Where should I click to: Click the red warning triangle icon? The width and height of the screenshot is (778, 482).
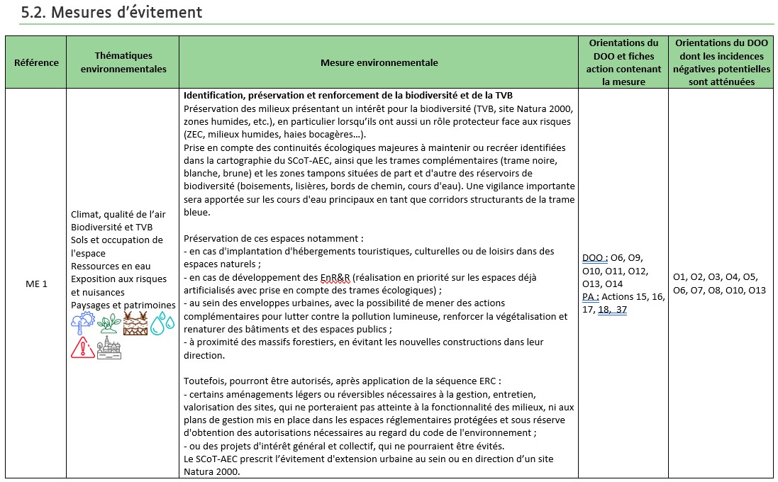coord(83,347)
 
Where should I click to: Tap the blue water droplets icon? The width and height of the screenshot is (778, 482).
coord(162,323)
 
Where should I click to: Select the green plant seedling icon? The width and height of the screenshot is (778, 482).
coord(109,324)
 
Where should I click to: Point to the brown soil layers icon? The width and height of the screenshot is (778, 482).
coord(135,323)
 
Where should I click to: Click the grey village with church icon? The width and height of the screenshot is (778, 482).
coord(109,347)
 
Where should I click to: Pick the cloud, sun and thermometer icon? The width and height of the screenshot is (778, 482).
coord(83,324)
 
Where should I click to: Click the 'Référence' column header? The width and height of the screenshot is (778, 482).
coord(36,62)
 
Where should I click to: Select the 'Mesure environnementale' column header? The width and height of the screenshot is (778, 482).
coord(379,62)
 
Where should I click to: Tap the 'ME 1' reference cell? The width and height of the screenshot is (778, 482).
coord(36,284)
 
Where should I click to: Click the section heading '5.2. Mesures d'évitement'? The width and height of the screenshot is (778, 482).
coord(112,12)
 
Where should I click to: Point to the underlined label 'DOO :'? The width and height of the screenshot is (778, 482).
coord(595,258)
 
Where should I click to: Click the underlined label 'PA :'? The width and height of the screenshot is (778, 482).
coord(591,296)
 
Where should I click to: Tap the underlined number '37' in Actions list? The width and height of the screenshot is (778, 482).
coord(621,309)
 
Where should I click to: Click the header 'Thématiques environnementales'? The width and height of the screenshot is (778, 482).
coord(123,62)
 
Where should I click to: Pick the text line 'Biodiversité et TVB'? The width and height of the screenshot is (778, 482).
coord(112,228)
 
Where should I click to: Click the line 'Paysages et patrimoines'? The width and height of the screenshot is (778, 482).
coord(123,304)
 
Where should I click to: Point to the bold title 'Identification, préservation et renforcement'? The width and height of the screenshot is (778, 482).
coord(348,96)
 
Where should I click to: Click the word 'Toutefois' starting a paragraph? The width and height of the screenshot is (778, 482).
coord(204,381)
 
